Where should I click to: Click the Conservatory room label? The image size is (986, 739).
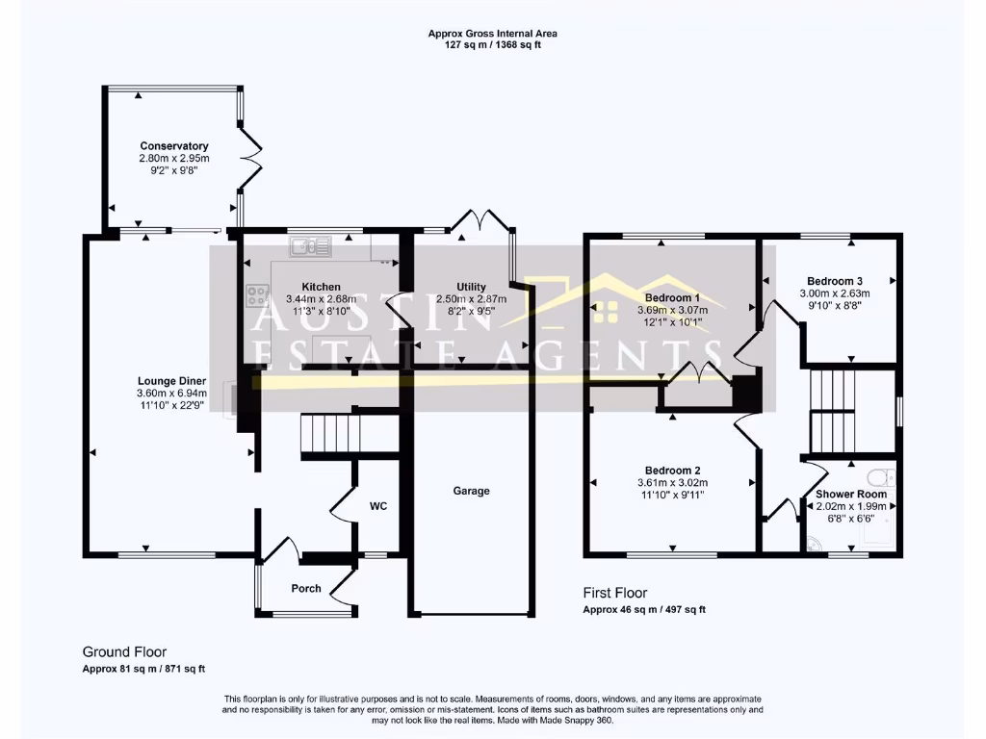[x=173, y=146]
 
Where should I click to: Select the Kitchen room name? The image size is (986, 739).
[x=321, y=287]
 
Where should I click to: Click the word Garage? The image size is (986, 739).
[x=472, y=491]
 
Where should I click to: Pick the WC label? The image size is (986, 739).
[x=378, y=506]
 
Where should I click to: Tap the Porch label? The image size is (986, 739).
[x=306, y=589]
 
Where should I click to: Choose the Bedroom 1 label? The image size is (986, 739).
[x=672, y=297]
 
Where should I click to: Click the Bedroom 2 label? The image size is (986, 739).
[x=672, y=471]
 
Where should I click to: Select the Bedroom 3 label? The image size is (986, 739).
[x=834, y=281]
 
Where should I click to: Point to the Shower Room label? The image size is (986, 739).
[x=851, y=494]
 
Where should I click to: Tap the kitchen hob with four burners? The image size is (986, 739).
[x=257, y=295]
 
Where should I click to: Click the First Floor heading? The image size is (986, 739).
[x=615, y=593]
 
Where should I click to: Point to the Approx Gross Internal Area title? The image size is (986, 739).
[x=492, y=34]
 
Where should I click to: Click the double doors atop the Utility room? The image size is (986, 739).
[x=480, y=221]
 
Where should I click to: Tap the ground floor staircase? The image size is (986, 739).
[x=326, y=434]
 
